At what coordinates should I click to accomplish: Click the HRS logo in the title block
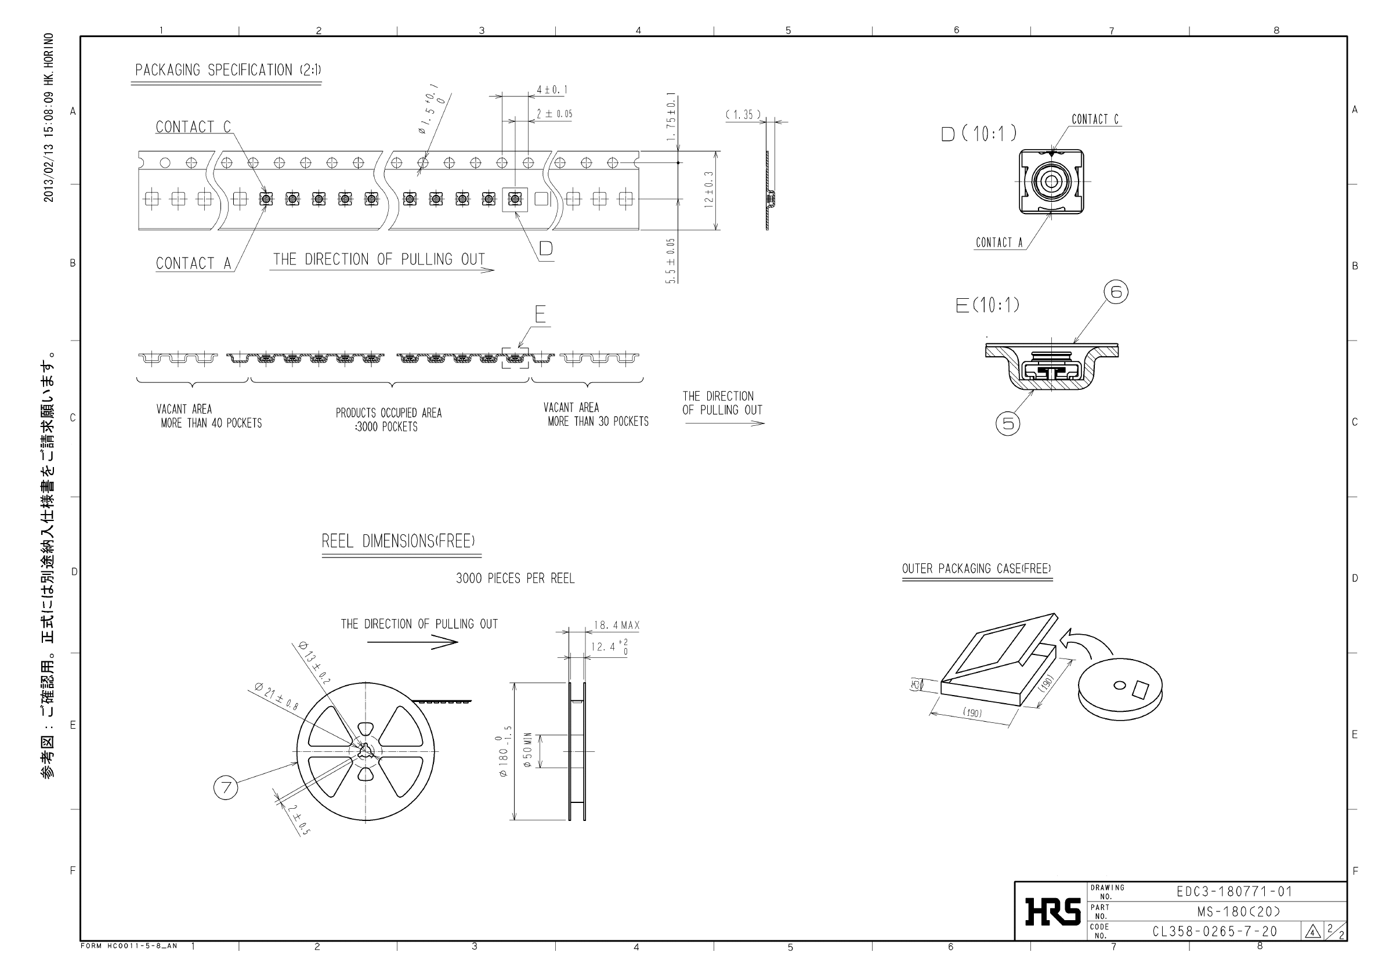tap(1053, 911)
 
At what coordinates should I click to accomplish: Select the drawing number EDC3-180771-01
tap(1234, 892)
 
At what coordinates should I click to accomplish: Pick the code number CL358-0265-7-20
tap(1215, 931)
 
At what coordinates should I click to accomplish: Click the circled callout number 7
tap(226, 787)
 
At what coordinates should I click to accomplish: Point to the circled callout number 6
tap(1115, 292)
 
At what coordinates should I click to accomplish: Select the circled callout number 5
tap(1008, 423)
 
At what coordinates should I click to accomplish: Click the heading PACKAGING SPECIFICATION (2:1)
tap(227, 70)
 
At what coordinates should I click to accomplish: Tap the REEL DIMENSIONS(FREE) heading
tap(398, 541)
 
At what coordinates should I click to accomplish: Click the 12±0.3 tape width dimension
tap(709, 190)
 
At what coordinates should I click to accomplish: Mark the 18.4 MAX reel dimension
tap(616, 625)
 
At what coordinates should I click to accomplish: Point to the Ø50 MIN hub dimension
tap(528, 750)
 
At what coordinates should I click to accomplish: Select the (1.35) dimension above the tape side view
tap(743, 114)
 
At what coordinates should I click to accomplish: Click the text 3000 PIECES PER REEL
tap(515, 578)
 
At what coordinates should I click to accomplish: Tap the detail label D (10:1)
tap(979, 133)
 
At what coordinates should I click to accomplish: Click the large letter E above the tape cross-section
tap(540, 314)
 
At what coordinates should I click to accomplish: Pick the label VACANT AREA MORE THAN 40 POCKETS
tap(209, 416)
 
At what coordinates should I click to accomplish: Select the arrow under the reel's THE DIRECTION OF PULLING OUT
tap(413, 642)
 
